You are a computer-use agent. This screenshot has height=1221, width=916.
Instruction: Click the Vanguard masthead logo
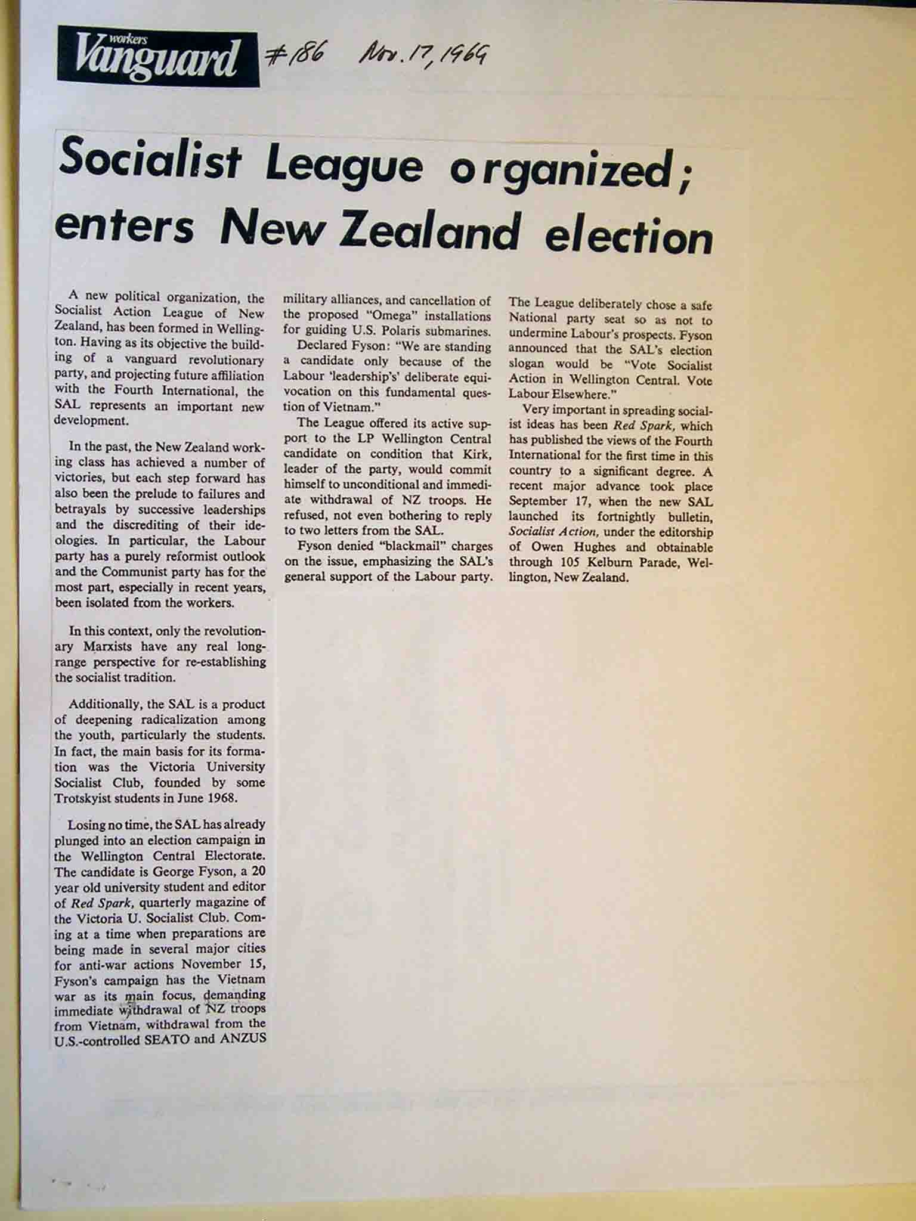[158, 57]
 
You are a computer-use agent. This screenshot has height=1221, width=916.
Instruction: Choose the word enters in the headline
[125, 227]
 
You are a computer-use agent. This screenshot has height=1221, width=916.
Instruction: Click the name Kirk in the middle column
[477, 454]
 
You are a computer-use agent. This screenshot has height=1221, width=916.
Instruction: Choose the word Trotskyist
[89, 798]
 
